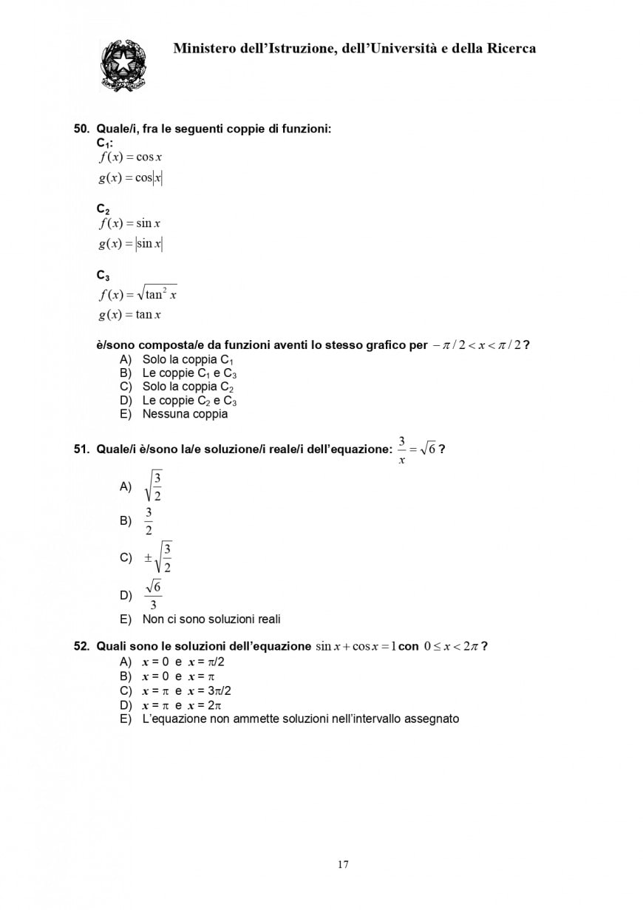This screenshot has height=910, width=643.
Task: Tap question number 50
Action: pos(81,129)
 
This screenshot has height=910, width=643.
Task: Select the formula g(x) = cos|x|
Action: pos(131,177)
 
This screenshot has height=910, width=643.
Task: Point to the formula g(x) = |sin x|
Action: pos(131,243)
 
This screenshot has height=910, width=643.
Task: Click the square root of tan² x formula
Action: pos(138,294)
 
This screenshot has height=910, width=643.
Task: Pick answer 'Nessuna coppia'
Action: pos(185,414)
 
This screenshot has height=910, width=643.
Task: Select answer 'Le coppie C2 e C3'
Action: pos(189,401)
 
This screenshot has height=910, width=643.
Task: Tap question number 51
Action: pos(81,449)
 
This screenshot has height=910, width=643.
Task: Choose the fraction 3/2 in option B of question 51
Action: pos(149,520)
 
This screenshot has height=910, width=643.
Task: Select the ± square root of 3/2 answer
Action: pos(159,557)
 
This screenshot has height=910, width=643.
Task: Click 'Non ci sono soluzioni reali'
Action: pos(211,619)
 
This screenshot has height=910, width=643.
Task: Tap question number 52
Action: pos(81,646)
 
